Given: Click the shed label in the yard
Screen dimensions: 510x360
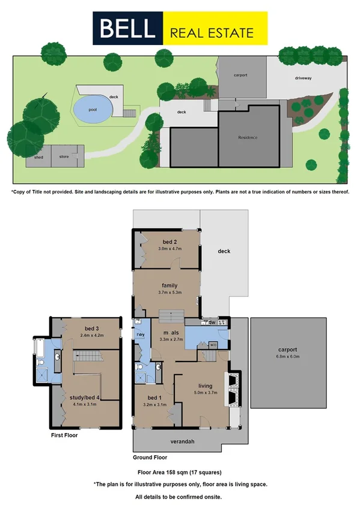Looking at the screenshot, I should point(38,158).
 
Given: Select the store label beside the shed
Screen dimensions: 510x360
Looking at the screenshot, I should point(64,158).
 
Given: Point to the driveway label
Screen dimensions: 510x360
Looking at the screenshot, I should point(303,78).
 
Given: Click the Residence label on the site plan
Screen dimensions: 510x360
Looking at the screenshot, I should point(248,138).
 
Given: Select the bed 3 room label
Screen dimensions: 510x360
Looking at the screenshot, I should point(91,328).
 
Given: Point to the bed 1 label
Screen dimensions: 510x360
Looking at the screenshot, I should point(153,398).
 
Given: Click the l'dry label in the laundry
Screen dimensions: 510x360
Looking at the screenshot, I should point(142,334).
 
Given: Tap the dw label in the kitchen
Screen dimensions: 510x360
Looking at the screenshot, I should point(212,323).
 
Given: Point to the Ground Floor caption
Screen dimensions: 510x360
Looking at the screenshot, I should point(150,456).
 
